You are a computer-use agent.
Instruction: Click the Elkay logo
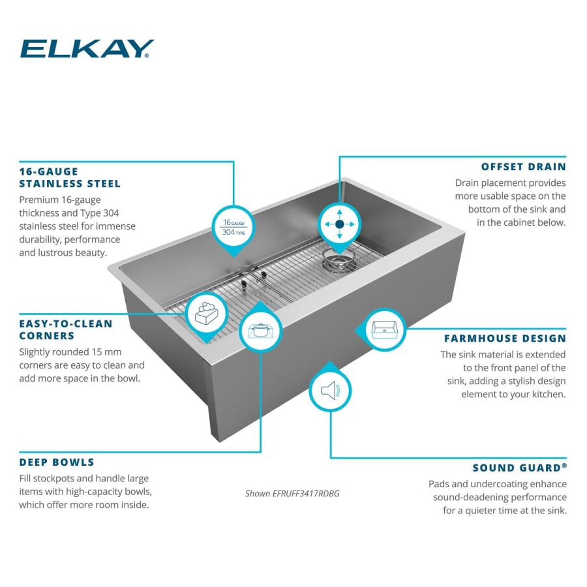87,49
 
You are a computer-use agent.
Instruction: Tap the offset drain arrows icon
339,224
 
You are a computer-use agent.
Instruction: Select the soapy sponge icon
207,314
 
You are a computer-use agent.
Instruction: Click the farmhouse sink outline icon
384,329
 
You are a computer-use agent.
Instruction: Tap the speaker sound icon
330,391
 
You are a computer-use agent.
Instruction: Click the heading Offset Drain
523,166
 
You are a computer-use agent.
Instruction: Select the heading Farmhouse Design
505,339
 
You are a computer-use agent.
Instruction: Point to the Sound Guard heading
519,468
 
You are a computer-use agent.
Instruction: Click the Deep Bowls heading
57,462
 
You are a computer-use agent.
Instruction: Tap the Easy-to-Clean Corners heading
66,329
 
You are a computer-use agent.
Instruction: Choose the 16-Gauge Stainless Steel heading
70,177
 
